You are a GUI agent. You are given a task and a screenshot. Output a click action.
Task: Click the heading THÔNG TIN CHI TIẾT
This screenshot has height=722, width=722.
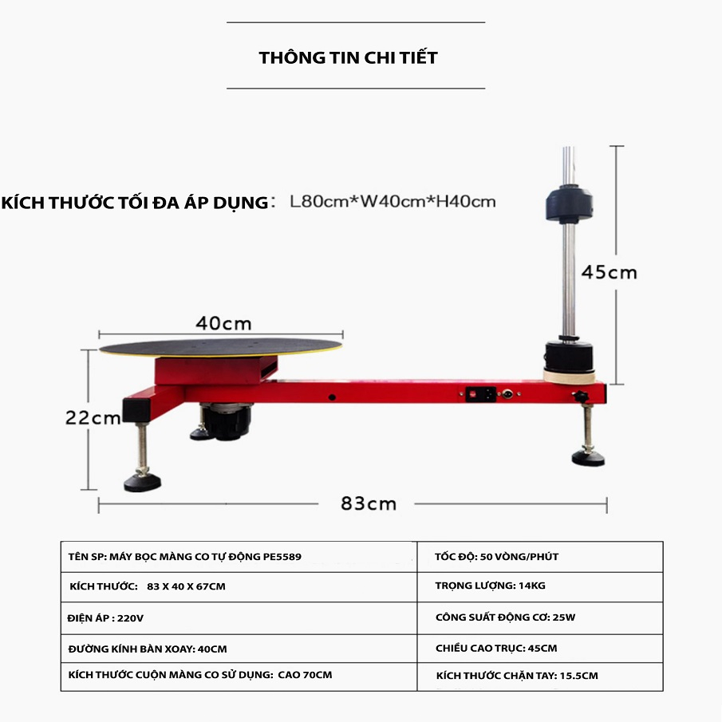tap(348, 58)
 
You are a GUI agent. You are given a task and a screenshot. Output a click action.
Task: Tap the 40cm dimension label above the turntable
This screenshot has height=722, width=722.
tap(224, 323)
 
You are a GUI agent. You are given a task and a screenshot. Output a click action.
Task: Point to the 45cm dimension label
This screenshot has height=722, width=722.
tap(609, 272)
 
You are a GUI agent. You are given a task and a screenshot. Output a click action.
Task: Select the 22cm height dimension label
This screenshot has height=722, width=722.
tap(93, 417)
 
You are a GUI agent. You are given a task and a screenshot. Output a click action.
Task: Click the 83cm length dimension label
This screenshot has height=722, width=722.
tap(369, 503)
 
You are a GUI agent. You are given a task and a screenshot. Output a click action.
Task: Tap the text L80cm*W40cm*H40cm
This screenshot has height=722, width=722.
tap(393, 202)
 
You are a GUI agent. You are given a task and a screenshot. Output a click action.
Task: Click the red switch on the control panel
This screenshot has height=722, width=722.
tap(473, 393)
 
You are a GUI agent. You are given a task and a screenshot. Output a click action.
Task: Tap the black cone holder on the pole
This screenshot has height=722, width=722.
tap(569, 205)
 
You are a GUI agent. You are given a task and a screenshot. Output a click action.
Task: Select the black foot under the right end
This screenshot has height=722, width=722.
tap(588, 457)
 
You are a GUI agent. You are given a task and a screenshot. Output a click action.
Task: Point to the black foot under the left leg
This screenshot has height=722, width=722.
tap(144, 481)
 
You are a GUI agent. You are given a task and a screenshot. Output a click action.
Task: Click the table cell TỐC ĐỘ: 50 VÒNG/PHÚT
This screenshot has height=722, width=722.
tap(496, 557)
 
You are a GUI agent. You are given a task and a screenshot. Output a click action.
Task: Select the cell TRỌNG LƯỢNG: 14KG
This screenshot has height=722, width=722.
tap(490, 586)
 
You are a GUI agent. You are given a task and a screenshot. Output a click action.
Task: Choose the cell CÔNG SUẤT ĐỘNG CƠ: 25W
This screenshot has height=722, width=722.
tap(505, 617)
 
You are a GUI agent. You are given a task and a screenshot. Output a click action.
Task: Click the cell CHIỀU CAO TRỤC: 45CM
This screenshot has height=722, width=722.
tap(495, 648)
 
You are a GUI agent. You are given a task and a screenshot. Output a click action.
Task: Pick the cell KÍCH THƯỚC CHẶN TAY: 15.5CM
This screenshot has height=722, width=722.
tap(517, 676)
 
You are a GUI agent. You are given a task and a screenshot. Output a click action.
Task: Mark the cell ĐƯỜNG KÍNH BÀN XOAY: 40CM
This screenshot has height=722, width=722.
tap(142, 649)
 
